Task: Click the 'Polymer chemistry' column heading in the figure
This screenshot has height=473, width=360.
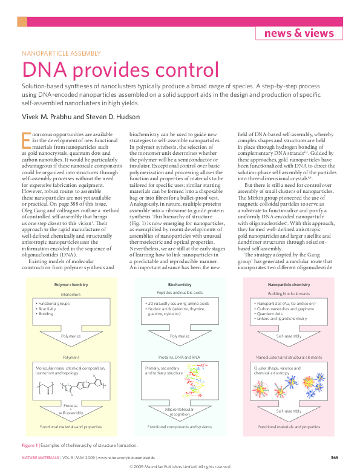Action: tap(71, 284)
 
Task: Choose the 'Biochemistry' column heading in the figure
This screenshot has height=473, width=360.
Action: tap(180, 284)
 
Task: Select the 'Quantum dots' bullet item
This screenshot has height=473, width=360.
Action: tap(270, 314)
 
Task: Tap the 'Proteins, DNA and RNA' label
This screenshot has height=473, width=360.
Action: tap(180, 357)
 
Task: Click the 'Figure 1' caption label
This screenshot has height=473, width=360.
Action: tap(30, 445)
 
